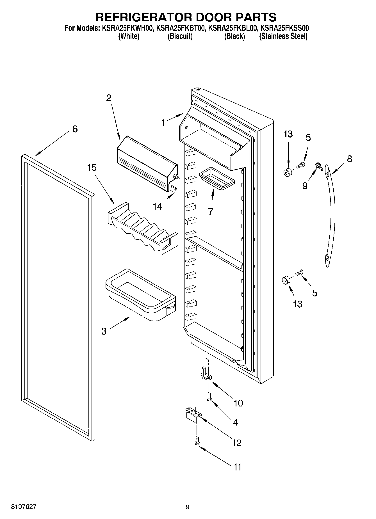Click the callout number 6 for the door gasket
[x=75, y=129]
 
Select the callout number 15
[x=92, y=168]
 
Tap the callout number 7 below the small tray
[x=211, y=211]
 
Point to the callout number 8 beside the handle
[x=349, y=159]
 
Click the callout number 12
[x=237, y=443]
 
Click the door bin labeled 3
[x=140, y=295]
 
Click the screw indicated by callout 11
[x=197, y=442]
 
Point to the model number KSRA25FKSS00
[x=284, y=28]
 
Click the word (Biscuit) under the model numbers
[x=180, y=36]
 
